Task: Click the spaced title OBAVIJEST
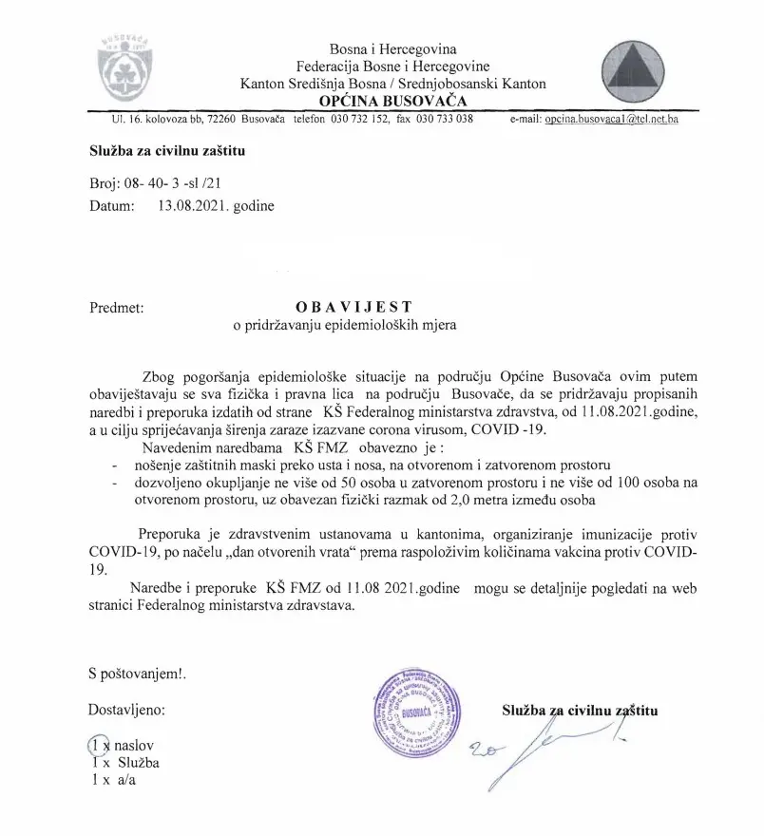tap(354, 307)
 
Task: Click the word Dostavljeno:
tap(125, 709)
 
